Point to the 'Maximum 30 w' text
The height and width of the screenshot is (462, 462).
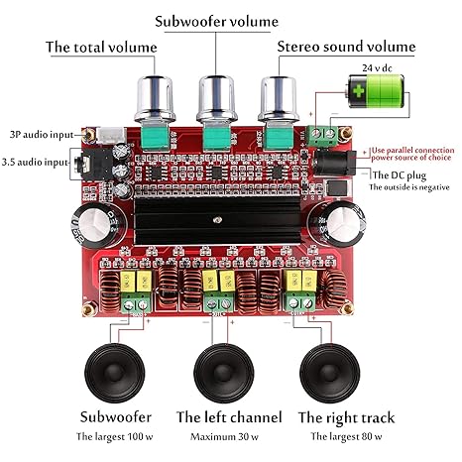pos(229,437)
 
